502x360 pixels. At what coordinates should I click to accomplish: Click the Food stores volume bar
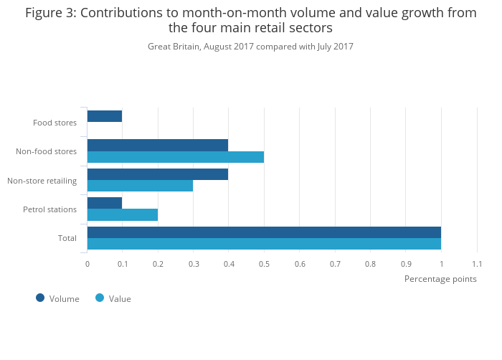click(x=105, y=116)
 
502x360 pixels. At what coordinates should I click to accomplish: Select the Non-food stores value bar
click(x=176, y=157)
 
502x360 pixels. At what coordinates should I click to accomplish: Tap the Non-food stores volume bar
click(x=158, y=145)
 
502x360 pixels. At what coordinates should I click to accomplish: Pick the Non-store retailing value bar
click(x=140, y=186)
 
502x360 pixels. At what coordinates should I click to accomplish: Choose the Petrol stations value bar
click(x=123, y=214)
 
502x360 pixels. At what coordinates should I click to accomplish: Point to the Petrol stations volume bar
click(x=105, y=203)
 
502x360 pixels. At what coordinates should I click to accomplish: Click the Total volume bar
click(x=264, y=232)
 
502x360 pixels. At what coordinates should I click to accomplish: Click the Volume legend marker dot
click(x=40, y=298)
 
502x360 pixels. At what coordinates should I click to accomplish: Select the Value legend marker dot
click(x=100, y=298)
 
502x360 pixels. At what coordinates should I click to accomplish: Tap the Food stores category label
click(x=55, y=123)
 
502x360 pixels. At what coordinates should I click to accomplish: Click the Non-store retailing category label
click(x=42, y=180)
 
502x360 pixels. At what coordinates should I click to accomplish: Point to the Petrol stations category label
click(x=49, y=209)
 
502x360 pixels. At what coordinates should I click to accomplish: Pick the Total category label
click(x=67, y=238)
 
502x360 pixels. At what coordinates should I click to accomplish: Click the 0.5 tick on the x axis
click(x=264, y=264)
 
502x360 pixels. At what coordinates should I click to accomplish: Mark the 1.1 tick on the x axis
click(x=476, y=264)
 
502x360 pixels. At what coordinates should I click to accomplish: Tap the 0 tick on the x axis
click(x=87, y=264)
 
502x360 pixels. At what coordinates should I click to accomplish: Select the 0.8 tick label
click(x=370, y=264)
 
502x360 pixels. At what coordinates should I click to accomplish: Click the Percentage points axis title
click(x=440, y=278)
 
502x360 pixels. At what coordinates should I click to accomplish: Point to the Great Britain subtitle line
click(x=250, y=47)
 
